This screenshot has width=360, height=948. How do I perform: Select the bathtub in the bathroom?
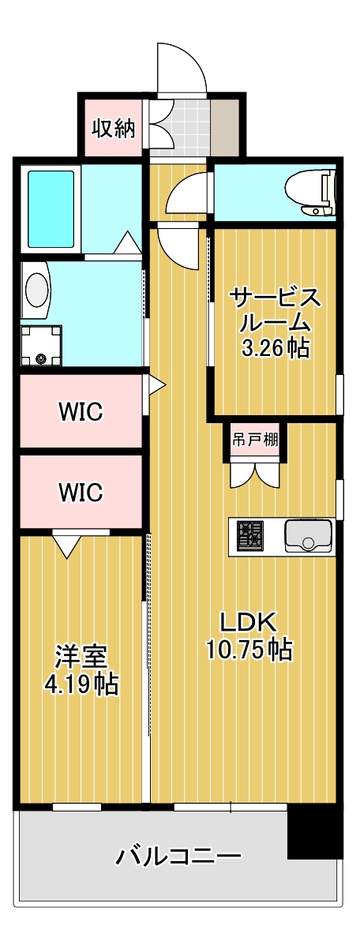[x=52, y=209]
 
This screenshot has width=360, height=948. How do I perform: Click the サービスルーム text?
[x=275, y=310]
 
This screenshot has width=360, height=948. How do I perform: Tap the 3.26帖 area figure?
[x=275, y=347]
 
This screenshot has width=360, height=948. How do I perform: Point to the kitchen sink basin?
[x=309, y=535]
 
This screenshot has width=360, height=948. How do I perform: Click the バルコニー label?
[x=178, y=856]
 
